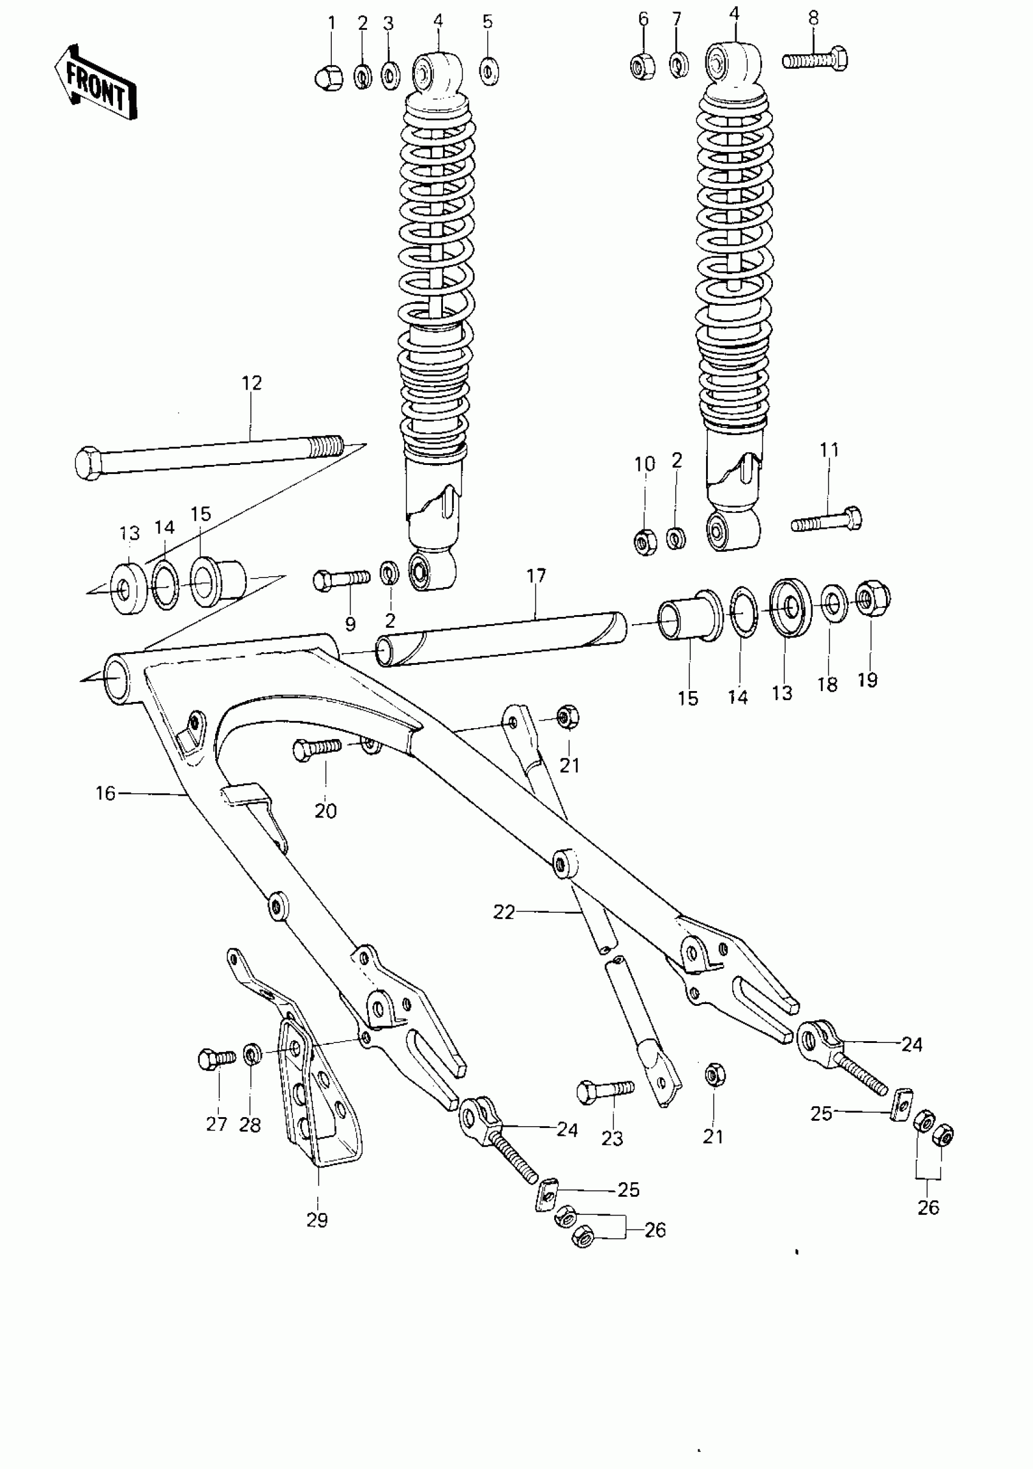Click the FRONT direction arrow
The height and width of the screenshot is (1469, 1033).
(x=96, y=83)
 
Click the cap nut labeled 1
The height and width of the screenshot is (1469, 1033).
(x=329, y=77)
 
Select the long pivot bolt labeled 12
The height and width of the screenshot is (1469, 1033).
(x=211, y=456)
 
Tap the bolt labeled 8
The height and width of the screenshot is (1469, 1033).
(x=815, y=61)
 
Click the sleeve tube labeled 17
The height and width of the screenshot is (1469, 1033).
(x=502, y=641)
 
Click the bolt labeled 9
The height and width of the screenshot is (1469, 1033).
(x=341, y=579)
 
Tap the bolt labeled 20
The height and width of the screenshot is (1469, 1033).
(x=317, y=749)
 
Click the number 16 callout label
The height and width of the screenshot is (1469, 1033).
(x=106, y=793)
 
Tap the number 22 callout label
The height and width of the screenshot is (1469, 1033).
(x=503, y=912)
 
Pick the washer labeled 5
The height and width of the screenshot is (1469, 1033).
(x=489, y=71)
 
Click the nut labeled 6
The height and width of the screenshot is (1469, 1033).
(x=642, y=65)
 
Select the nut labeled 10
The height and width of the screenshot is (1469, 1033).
(x=645, y=542)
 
